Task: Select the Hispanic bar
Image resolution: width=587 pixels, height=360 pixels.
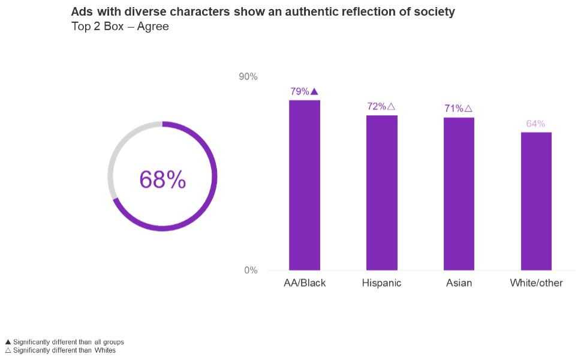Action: tap(382, 193)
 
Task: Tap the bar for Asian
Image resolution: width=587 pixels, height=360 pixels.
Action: tap(459, 194)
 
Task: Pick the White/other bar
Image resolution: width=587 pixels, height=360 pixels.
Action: tap(536, 201)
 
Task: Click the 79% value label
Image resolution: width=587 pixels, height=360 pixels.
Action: tap(299, 92)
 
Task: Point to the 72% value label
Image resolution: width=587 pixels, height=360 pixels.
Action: tap(377, 107)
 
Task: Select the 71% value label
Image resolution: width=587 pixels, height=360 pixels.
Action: tap(454, 109)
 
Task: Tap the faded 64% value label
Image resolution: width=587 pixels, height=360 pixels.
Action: tap(535, 124)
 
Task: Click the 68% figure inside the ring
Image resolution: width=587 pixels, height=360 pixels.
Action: tap(162, 179)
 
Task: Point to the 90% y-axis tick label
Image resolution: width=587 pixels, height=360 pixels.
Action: tap(248, 77)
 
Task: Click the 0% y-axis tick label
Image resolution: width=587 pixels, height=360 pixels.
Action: tap(251, 271)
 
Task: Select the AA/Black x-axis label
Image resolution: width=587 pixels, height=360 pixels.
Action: tap(305, 283)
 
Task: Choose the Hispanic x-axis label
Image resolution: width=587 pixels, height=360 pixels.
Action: tap(381, 283)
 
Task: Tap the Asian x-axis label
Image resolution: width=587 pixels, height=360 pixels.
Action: tap(459, 283)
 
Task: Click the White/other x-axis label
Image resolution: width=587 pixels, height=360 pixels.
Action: tap(536, 283)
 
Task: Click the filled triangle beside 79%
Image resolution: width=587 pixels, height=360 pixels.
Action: tap(314, 92)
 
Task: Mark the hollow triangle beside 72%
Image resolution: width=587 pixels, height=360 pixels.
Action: tap(391, 107)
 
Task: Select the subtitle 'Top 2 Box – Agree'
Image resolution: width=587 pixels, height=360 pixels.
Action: tap(120, 26)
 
